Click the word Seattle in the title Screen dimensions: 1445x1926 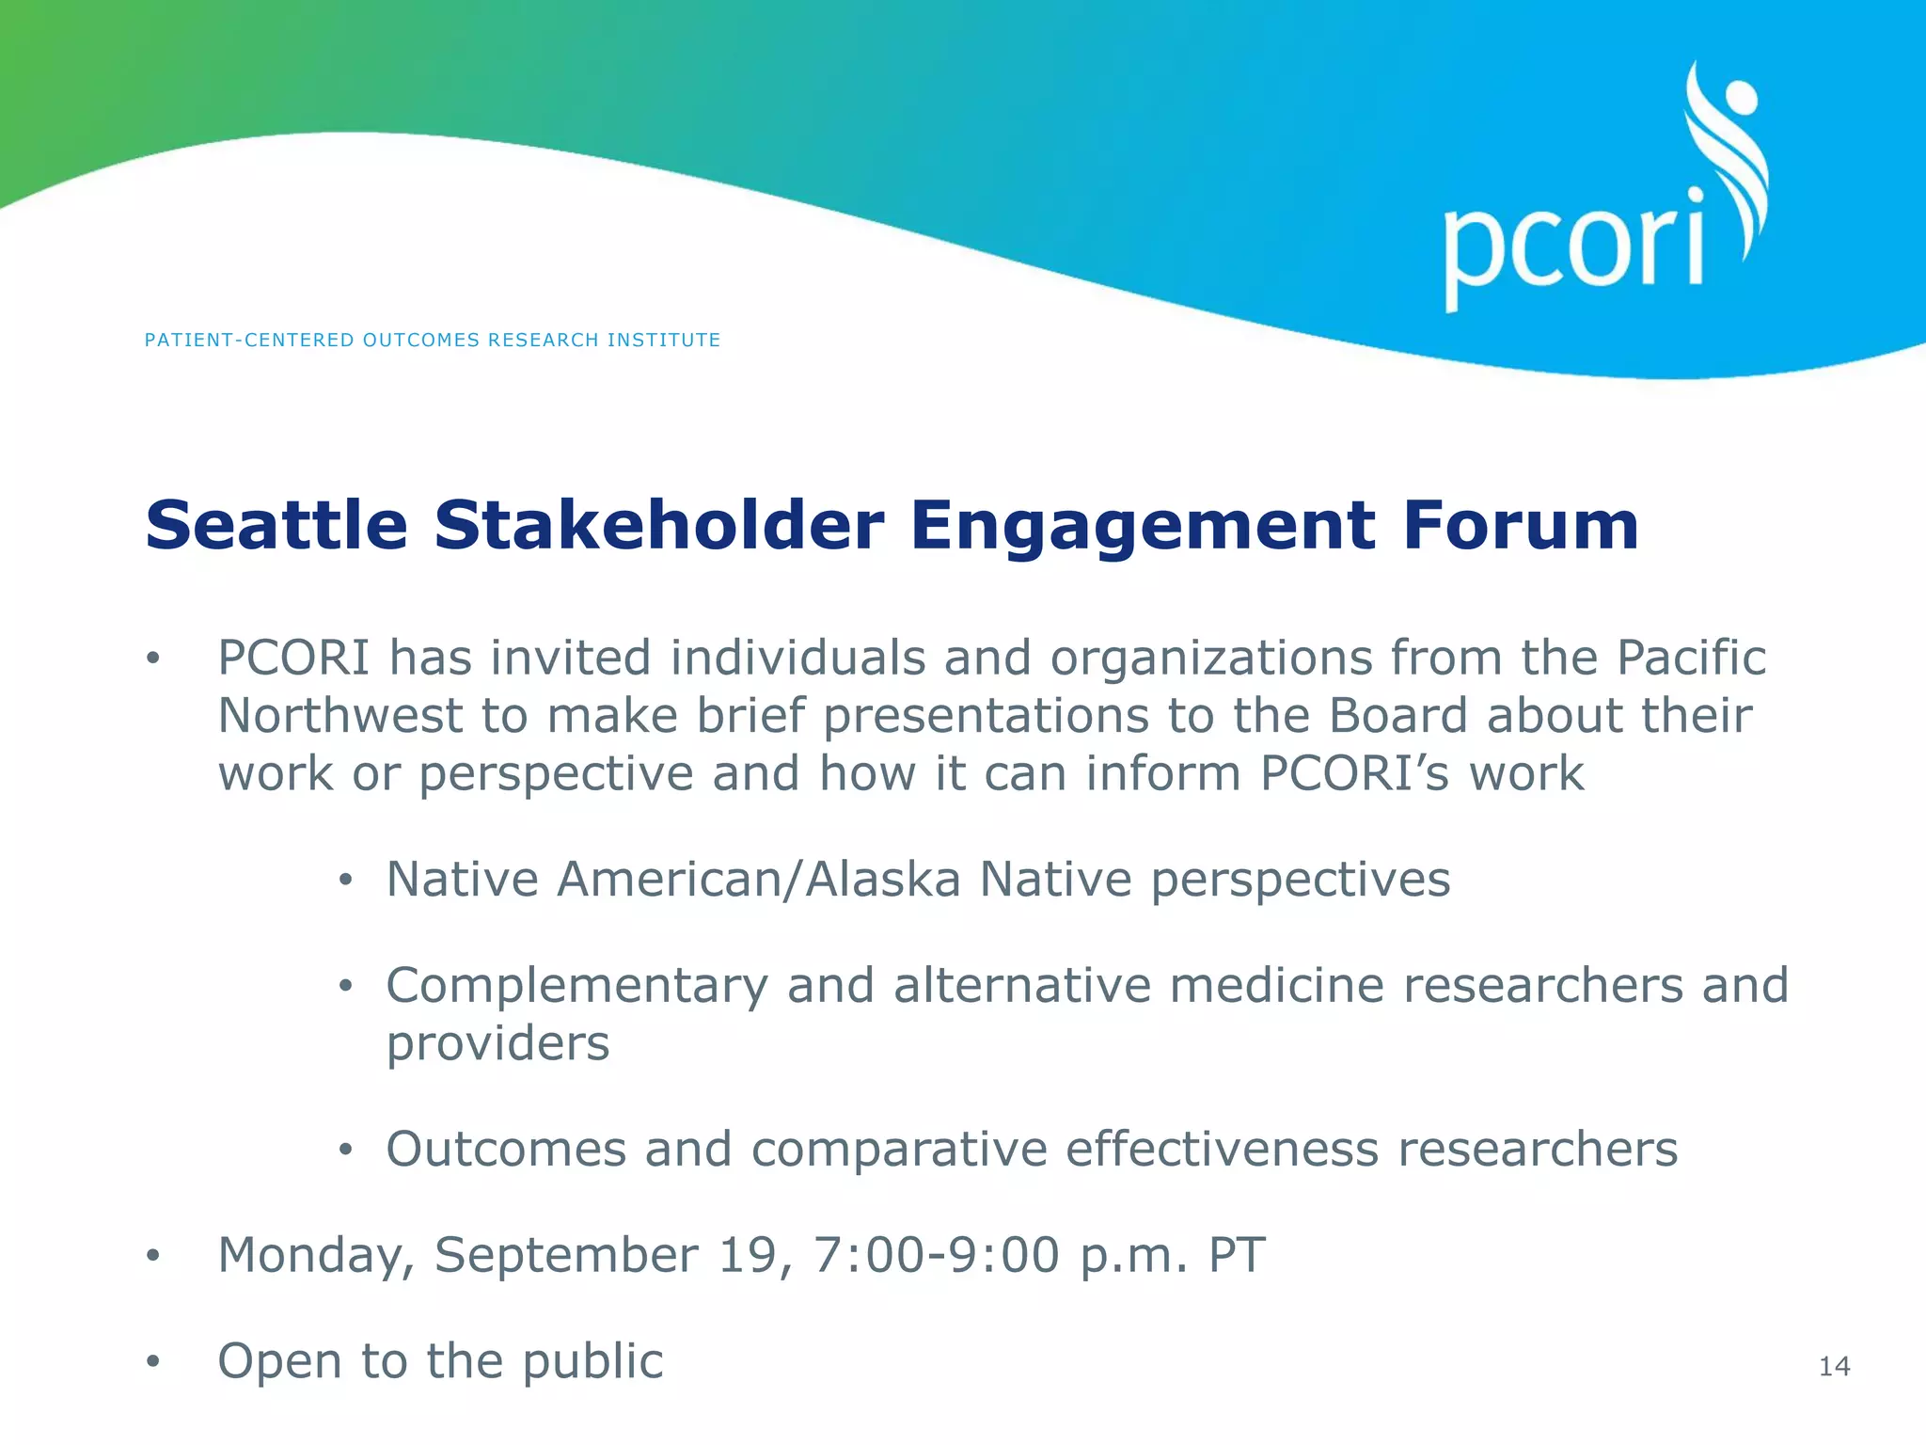[276, 525]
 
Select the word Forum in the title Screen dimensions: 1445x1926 [1520, 525]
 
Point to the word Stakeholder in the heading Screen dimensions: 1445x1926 [658, 525]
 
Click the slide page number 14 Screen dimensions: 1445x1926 [1834, 1366]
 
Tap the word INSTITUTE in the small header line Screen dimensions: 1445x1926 [663, 340]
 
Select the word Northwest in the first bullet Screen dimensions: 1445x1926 [339, 715]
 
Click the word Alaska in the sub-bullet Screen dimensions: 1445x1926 [883, 880]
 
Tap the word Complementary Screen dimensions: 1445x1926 [576, 987]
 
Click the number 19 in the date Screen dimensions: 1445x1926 [747, 1254]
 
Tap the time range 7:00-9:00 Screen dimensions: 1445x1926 [936, 1254]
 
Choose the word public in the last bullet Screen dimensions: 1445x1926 [592, 1361]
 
